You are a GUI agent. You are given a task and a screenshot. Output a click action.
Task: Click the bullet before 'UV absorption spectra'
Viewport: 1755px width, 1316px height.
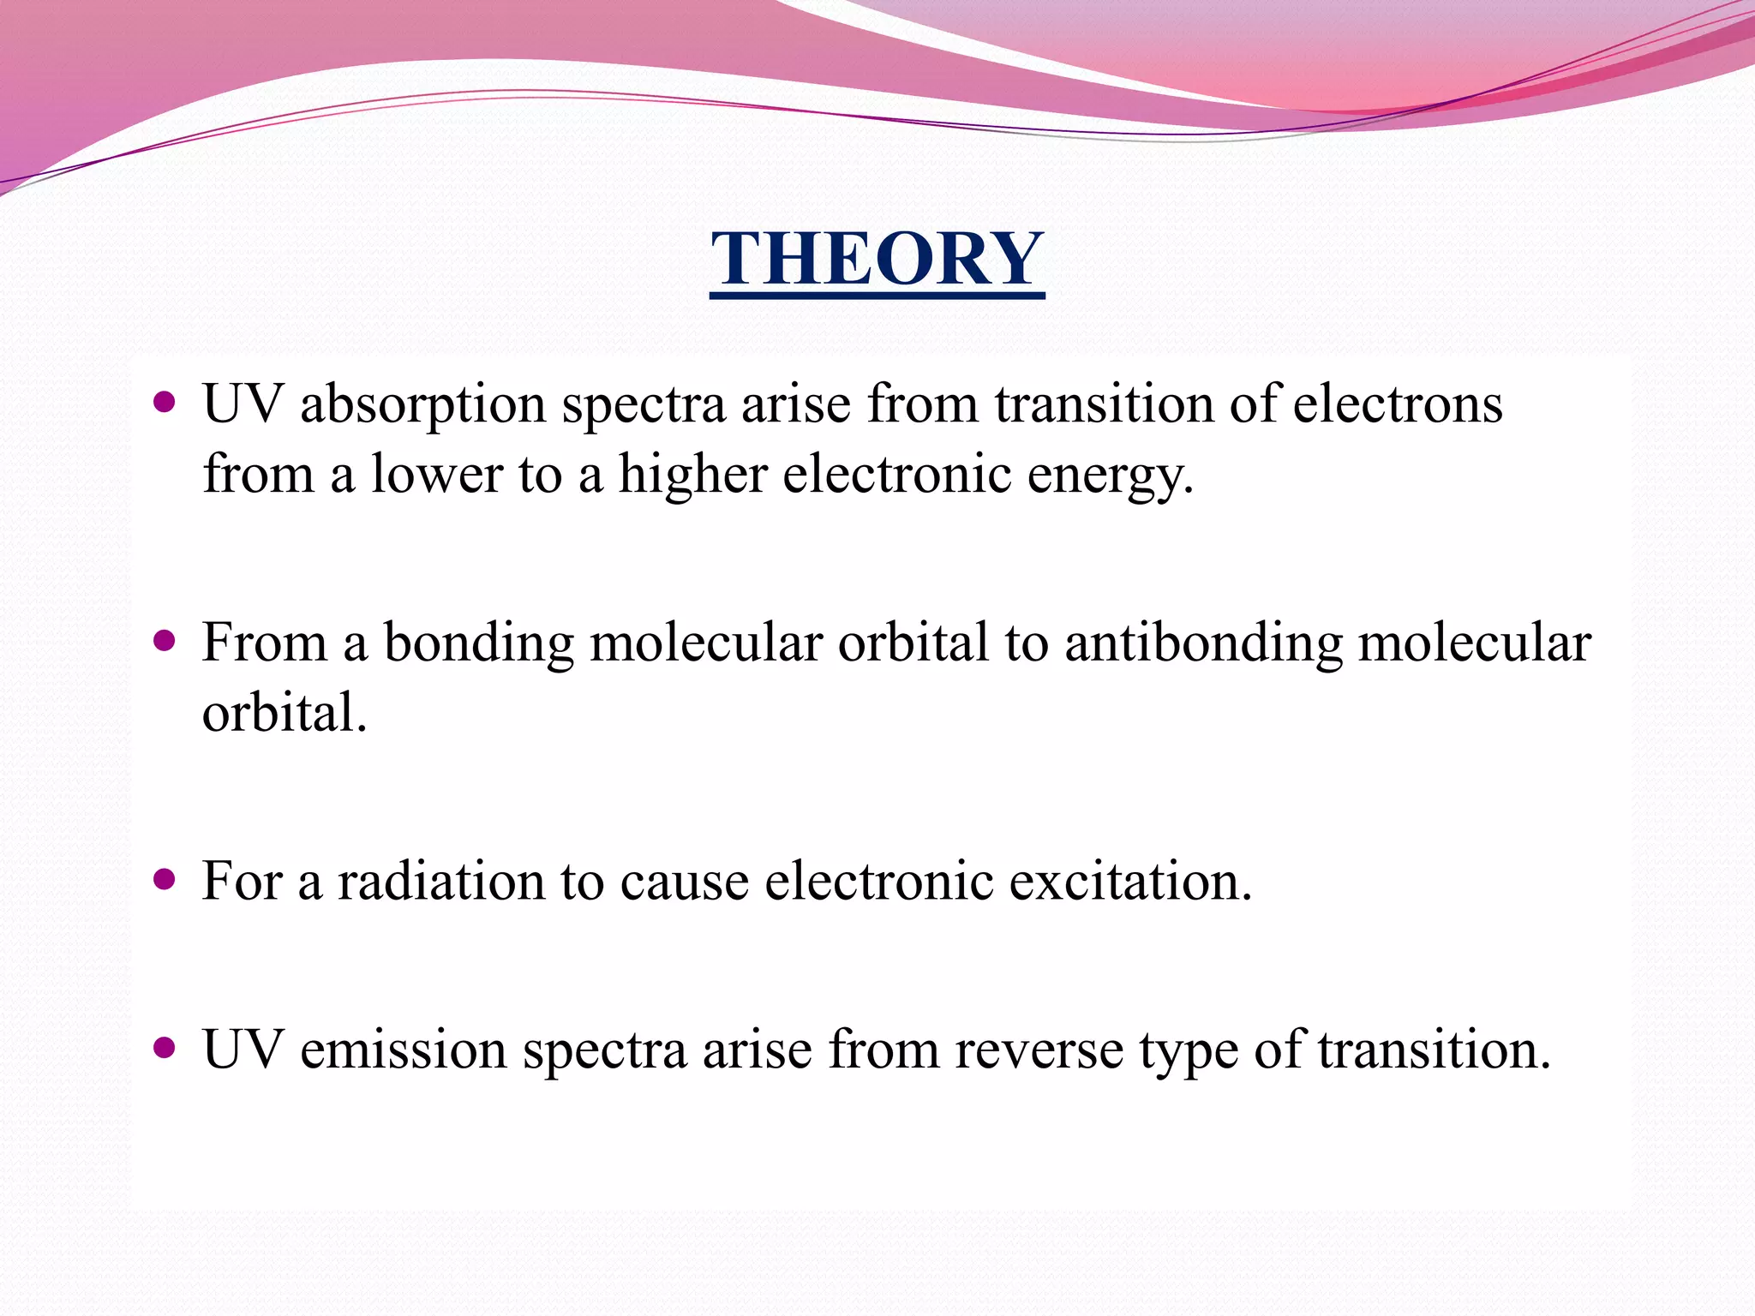click(x=164, y=402)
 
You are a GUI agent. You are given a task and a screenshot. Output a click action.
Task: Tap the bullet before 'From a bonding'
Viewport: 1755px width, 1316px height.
click(x=164, y=641)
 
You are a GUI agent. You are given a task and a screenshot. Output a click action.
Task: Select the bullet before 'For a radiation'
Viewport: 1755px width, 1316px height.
click(x=164, y=879)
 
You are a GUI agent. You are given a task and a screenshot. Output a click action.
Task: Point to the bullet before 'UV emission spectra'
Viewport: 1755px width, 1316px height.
click(x=164, y=1047)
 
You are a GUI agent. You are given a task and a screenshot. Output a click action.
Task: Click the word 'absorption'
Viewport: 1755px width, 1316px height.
click(x=422, y=404)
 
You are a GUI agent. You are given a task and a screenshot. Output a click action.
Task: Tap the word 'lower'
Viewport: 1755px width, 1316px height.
click(x=436, y=474)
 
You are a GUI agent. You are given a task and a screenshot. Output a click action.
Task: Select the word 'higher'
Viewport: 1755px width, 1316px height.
click(x=692, y=474)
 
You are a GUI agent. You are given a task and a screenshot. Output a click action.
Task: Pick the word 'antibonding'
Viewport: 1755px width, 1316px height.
click(x=1203, y=643)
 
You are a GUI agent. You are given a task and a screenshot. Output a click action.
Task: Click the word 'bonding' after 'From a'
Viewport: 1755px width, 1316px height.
click(x=478, y=643)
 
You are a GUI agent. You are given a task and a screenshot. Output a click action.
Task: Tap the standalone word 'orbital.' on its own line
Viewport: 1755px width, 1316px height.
click(x=285, y=712)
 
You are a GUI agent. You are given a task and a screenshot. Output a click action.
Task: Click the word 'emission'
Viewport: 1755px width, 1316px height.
click(x=403, y=1050)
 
